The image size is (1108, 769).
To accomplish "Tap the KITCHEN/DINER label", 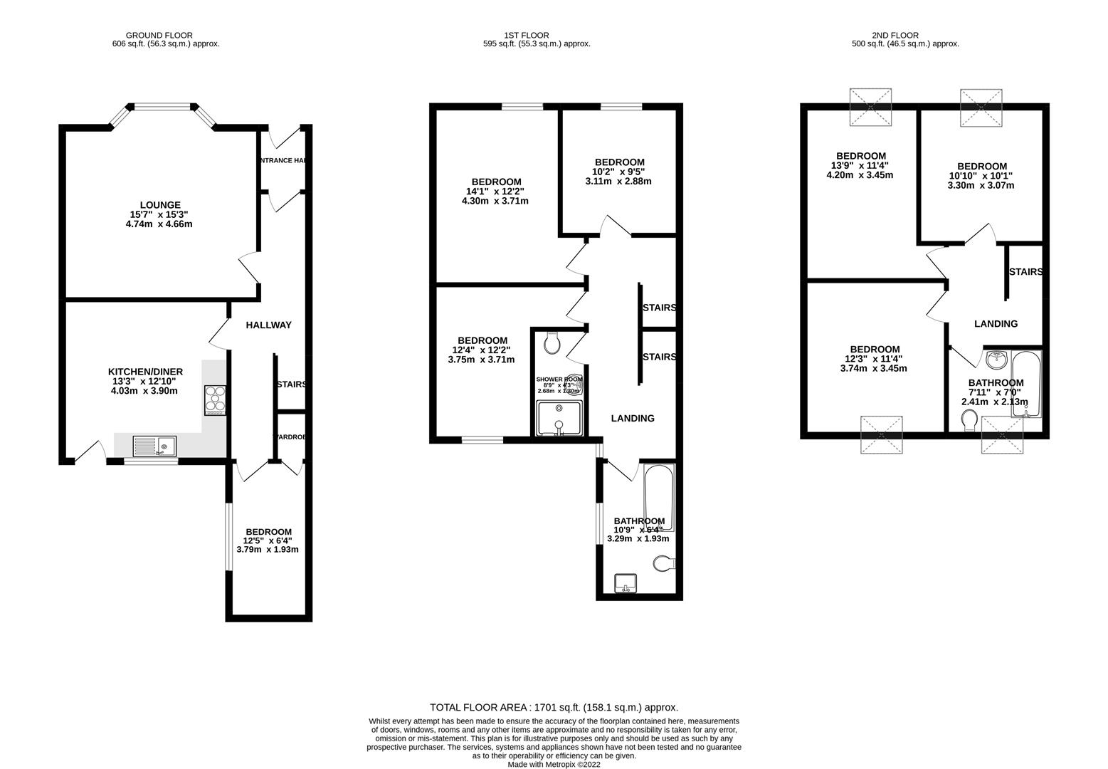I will [145, 372].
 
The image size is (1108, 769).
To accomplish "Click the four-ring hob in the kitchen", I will [215, 399].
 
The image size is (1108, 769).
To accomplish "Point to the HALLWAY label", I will [268, 325].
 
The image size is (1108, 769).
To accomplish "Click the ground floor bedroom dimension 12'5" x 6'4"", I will [268, 540].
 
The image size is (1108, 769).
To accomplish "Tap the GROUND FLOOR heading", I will [159, 35].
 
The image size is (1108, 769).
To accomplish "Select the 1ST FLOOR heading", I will [526, 35].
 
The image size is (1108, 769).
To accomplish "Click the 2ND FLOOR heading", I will [895, 35].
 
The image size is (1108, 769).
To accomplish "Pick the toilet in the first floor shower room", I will [552, 344].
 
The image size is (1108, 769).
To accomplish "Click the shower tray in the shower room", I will [559, 418].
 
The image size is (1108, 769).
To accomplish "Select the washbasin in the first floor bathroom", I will [627, 582].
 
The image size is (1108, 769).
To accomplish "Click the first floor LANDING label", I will [633, 418].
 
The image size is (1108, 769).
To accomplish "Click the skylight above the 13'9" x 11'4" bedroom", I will [871, 107].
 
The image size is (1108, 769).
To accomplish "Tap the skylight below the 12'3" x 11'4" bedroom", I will [882, 436].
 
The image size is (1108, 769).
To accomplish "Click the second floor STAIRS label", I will [1025, 272].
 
